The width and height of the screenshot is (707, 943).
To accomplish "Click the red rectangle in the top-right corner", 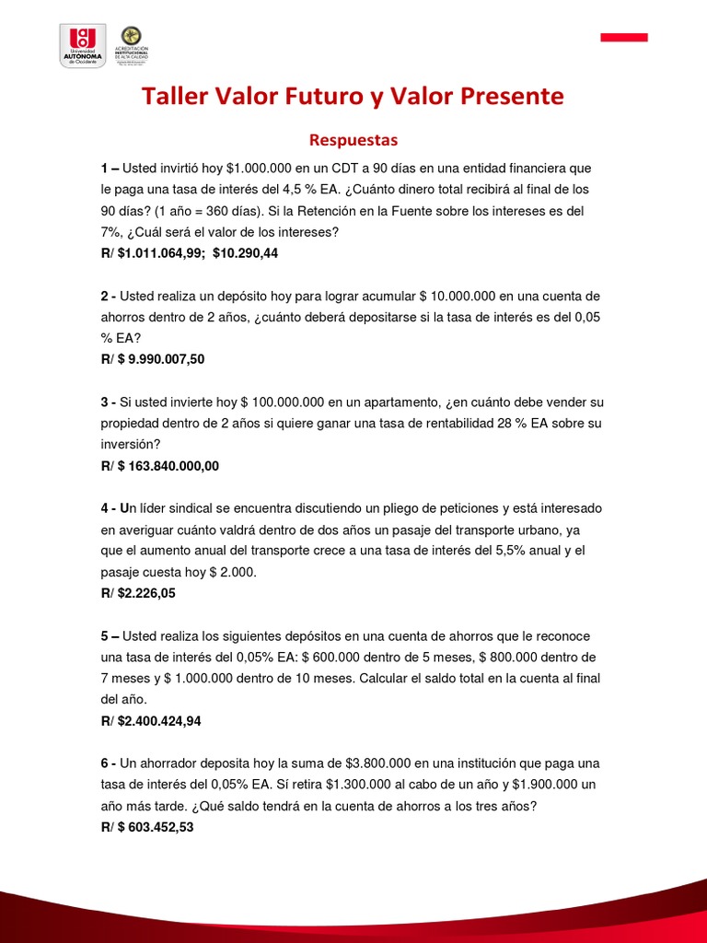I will (624, 37).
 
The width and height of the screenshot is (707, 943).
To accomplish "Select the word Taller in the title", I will (176, 97).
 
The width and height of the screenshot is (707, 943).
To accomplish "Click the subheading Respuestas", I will (353, 140).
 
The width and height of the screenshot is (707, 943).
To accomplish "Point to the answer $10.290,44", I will (245, 253).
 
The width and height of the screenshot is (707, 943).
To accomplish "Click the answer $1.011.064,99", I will (161, 253).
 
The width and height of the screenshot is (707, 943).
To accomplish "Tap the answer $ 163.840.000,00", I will (168, 466).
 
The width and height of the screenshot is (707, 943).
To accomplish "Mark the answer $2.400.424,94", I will (159, 721).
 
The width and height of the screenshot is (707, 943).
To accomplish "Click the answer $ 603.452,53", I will (156, 827).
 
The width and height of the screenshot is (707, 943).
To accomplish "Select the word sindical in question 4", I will (186, 508).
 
